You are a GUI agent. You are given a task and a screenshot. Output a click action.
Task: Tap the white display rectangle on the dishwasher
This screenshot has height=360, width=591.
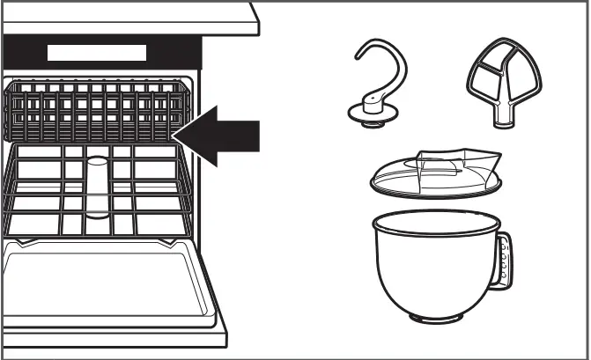point(97,52)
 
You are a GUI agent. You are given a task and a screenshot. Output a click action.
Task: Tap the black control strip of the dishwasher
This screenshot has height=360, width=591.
point(26,52)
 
